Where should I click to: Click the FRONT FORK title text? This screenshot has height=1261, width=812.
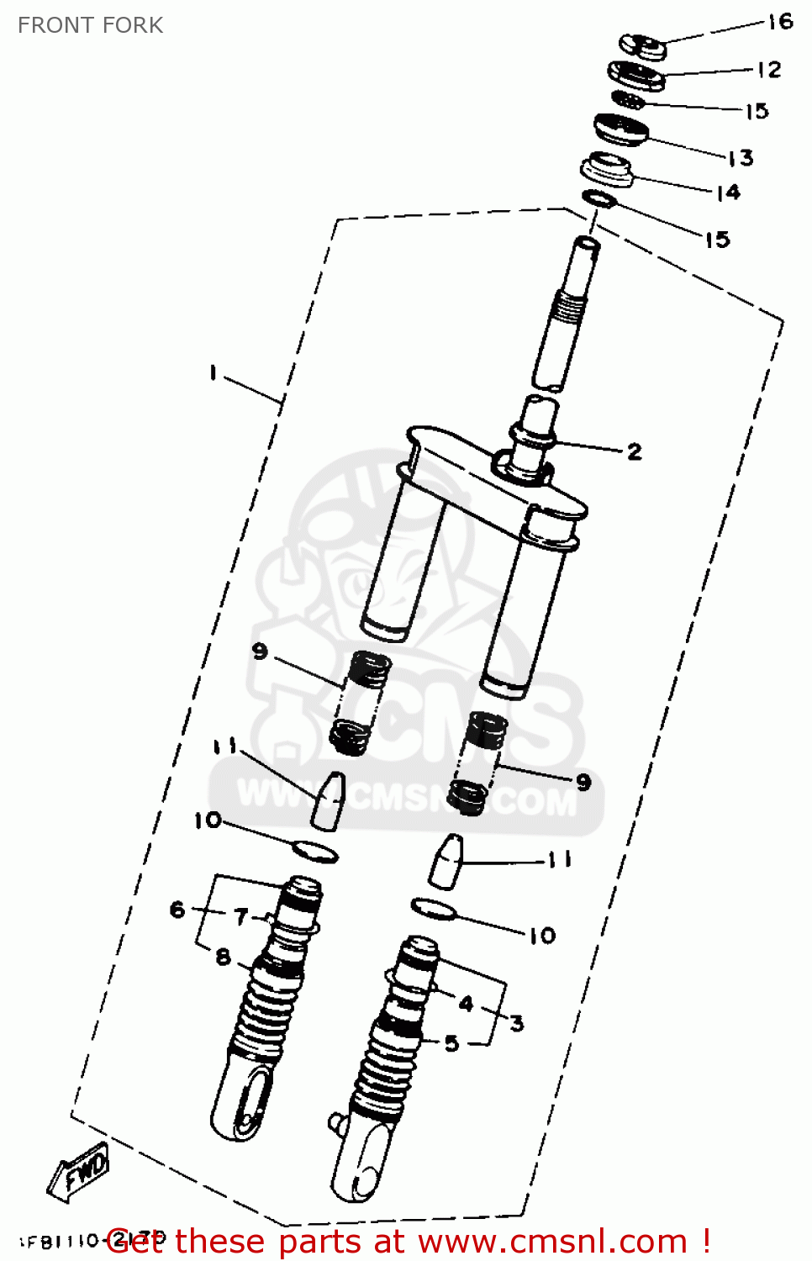[x=90, y=25]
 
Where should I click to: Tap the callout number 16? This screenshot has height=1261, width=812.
[x=780, y=22]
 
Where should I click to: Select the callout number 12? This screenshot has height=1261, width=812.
[x=768, y=70]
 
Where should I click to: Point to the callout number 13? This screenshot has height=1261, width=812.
[x=740, y=157]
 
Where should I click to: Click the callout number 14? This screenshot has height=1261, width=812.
[x=728, y=193]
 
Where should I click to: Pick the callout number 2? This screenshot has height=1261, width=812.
[x=635, y=451]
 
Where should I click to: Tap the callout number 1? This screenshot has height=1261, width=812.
[x=214, y=372]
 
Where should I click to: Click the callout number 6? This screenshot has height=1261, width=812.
[x=177, y=909]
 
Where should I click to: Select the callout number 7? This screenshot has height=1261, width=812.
[x=241, y=915]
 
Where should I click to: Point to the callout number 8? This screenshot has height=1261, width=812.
[x=223, y=956]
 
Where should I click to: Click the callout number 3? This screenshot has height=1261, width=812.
[x=516, y=1022]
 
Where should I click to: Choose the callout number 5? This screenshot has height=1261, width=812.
[x=451, y=1043]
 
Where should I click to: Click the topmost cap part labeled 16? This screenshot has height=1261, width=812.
[x=643, y=45]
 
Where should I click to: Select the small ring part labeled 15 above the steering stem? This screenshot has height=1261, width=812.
[x=599, y=199]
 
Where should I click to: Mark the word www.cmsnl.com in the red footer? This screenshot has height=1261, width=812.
[x=552, y=1242]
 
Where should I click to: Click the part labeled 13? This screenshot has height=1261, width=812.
[x=621, y=129]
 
